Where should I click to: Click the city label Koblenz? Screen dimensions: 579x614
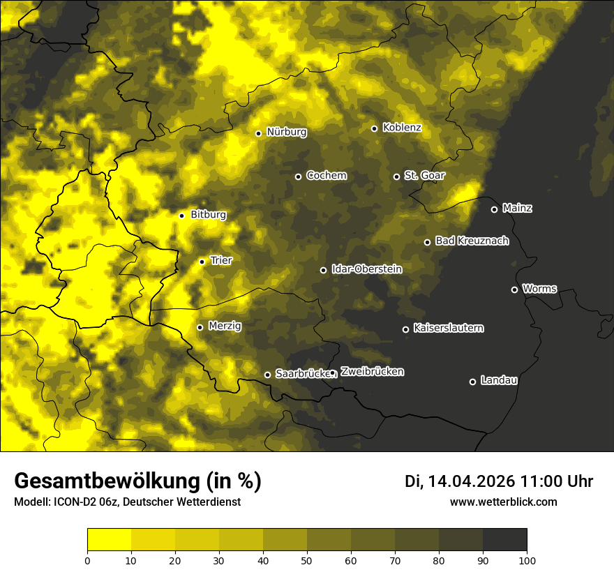402,128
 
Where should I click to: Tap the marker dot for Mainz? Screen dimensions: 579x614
494,209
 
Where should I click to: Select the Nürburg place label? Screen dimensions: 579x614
286,132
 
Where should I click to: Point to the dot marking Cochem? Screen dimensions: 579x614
298,176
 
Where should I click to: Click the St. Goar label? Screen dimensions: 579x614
424,176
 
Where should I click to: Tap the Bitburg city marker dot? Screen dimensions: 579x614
181,216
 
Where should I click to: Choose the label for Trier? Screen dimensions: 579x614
221,260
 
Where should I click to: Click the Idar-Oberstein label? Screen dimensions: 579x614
367,269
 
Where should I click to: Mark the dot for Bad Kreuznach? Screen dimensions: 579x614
427,242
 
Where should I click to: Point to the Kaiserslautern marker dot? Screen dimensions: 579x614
405,329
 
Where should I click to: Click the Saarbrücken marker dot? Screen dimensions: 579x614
267,375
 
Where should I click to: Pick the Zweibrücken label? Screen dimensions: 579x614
372,372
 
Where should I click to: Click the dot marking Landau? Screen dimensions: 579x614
472,382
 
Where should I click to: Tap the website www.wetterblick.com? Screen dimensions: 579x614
504,502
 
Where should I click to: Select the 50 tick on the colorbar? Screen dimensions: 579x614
307,559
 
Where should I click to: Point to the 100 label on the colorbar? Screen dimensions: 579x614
527,559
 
